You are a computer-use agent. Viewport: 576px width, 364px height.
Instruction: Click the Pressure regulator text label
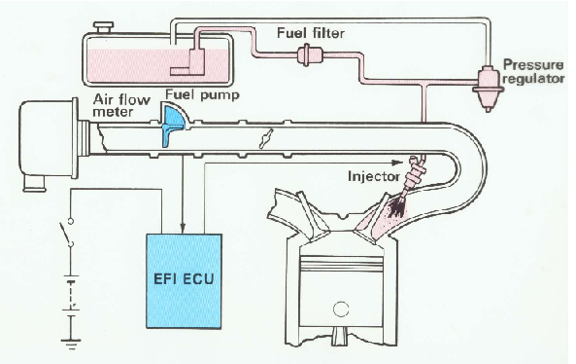click(x=530, y=70)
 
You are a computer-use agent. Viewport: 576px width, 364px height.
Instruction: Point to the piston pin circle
click(x=338, y=310)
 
